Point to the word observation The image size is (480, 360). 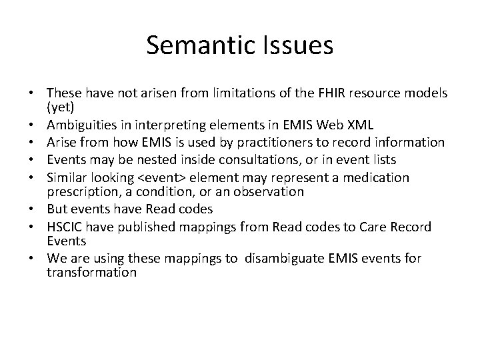[273, 191]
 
